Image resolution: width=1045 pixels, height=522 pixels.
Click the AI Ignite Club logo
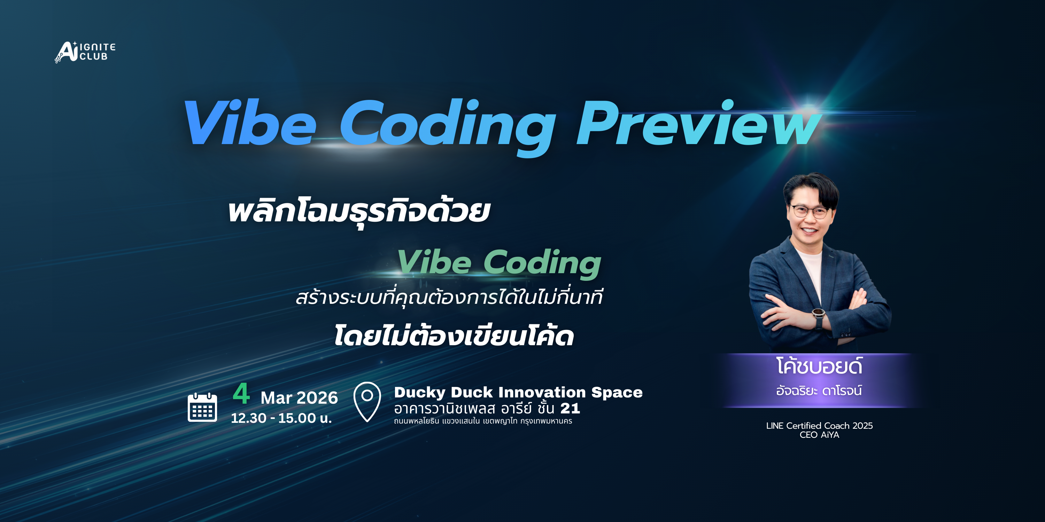(x=85, y=52)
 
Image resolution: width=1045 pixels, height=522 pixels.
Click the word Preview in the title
(x=698, y=124)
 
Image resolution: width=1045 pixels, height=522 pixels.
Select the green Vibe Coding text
(x=499, y=263)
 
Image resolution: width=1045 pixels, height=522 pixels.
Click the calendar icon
(x=202, y=407)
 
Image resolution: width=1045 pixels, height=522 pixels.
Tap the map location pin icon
(x=367, y=401)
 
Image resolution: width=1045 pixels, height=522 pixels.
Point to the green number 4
(x=241, y=394)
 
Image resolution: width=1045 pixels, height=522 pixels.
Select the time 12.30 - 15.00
(x=281, y=418)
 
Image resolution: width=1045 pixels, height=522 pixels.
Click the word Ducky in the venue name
(x=419, y=392)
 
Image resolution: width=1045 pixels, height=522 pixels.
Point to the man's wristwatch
(x=818, y=314)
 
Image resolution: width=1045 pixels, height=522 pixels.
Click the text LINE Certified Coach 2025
(x=819, y=426)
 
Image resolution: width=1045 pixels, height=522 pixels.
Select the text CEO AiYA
(x=819, y=435)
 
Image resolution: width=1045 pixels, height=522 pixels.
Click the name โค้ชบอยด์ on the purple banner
(x=819, y=366)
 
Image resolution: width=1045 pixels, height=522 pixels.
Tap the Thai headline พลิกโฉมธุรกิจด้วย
(x=359, y=212)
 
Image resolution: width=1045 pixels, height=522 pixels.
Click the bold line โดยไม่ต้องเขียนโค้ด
(x=454, y=337)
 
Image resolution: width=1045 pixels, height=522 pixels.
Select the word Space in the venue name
(x=617, y=392)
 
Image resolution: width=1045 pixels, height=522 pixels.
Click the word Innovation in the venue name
(x=542, y=392)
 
